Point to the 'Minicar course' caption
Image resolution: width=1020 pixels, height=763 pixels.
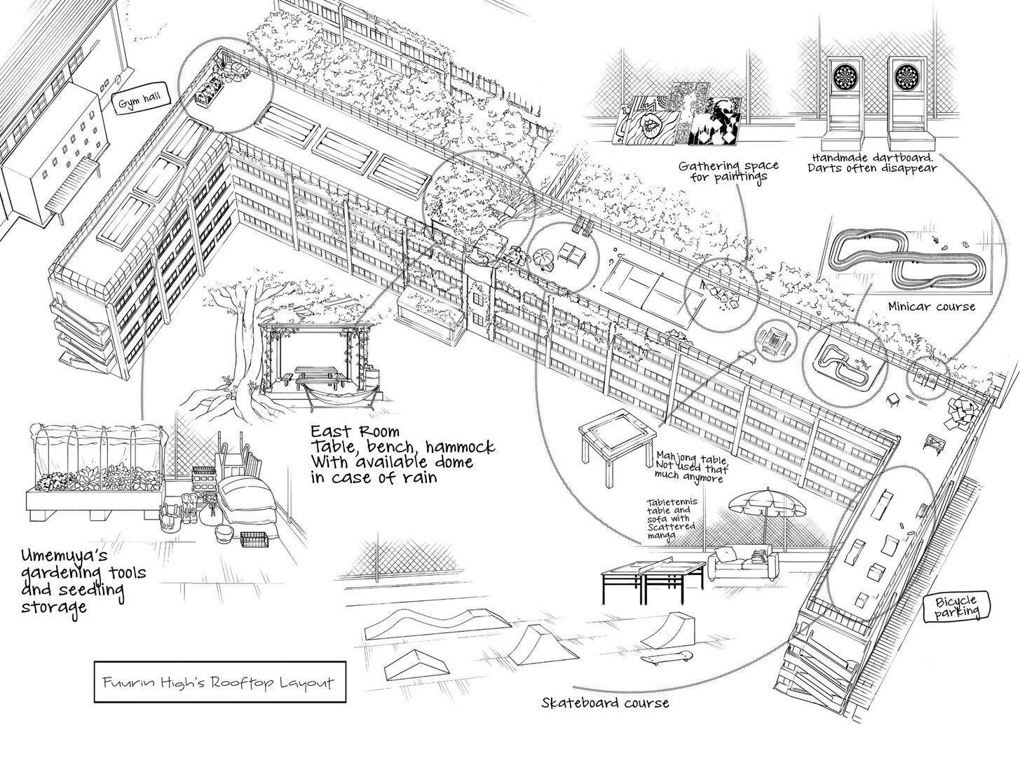click(x=932, y=306)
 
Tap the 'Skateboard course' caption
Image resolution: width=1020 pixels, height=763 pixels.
click(x=605, y=703)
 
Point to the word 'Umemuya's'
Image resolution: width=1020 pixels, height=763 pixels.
click(x=64, y=556)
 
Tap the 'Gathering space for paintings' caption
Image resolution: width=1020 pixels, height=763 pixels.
click(x=728, y=170)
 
